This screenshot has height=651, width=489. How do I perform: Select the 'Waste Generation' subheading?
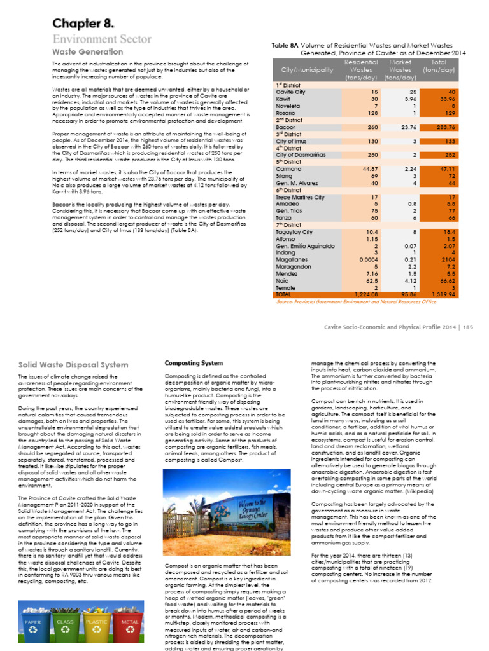click(x=87, y=51)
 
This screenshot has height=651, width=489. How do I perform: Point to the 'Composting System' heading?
click(x=194, y=363)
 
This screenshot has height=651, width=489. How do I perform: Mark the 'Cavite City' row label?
click(x=290, y=92)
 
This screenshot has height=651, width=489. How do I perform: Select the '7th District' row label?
click(x=287, y=224)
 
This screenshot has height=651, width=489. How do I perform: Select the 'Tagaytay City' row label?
click(x=294, y=232)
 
